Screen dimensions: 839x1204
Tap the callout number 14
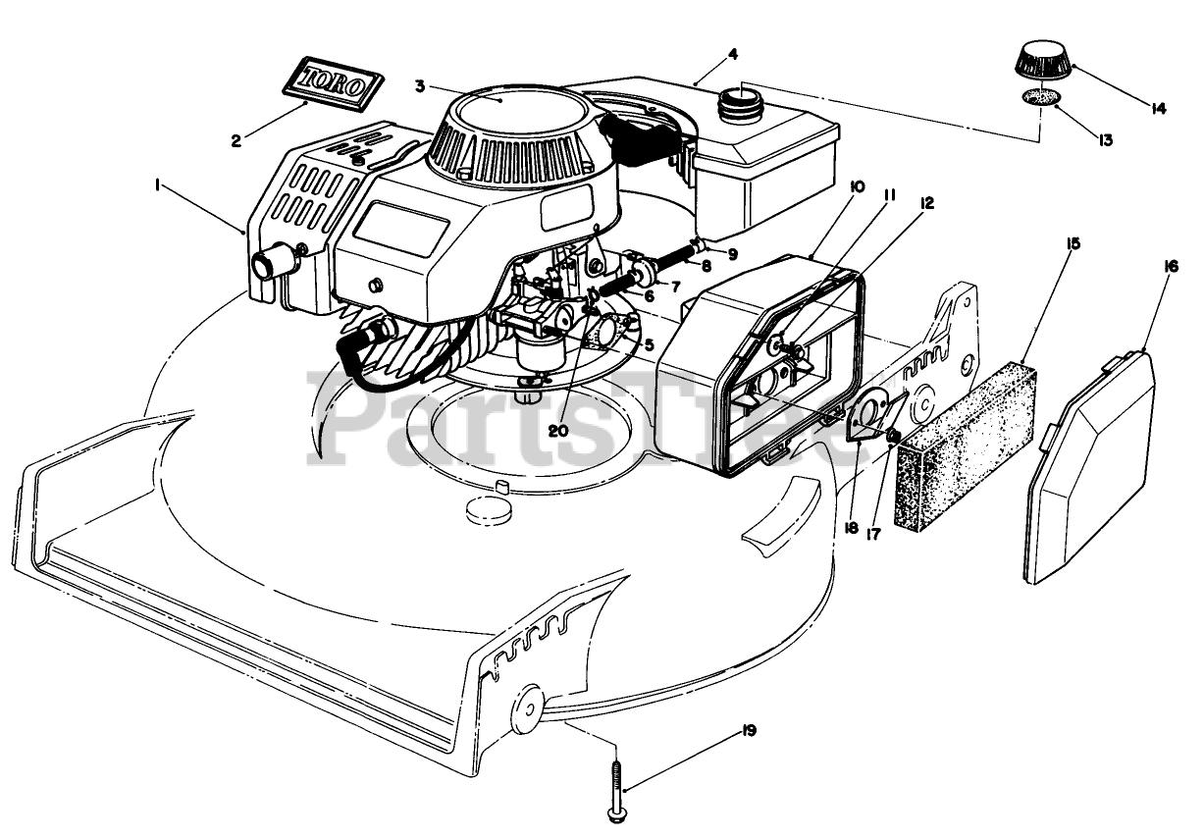[x=1159, y=108]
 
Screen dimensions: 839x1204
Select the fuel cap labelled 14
[x=1042, y=62]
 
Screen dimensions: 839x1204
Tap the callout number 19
[x=751, y=731]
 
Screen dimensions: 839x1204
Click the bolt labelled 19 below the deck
[x=618, y=786]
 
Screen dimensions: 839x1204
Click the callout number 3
[x=420, y=86]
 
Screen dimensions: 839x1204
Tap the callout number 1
[x=155, y=183]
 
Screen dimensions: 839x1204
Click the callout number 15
[x=1074, y=241]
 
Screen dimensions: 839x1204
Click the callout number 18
[x=851, y=528]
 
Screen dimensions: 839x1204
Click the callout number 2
[x=236, y=140]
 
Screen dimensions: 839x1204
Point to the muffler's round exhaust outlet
[x=271, y=264]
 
